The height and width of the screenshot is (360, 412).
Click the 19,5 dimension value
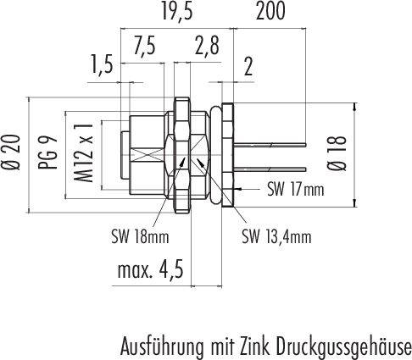click(x=177, y=12)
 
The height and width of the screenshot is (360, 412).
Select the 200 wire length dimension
click(x=270, y=12)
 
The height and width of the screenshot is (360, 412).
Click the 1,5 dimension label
click(x=102, y=64)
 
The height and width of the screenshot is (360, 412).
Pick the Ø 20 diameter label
click(x=13, y=152)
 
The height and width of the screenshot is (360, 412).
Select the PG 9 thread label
click(x=47, y=152)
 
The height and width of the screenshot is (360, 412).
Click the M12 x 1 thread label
click(x=83, y=152)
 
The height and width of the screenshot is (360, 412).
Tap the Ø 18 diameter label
click(x=337, y=153)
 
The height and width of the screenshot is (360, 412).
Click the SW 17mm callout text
click(x=296, y=190)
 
